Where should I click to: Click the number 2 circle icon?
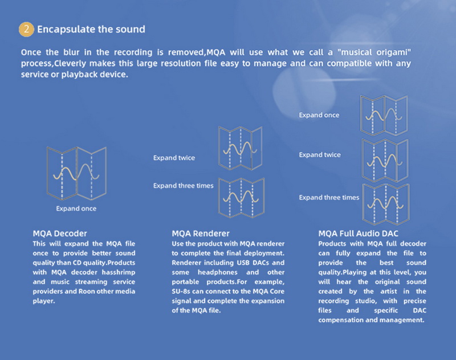26,28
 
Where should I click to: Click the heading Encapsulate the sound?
91,28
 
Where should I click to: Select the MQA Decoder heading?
60,233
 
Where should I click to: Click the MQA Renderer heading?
201,233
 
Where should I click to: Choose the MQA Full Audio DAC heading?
359,233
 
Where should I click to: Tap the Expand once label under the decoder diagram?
76,208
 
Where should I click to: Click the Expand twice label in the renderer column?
174,158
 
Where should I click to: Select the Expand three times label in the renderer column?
183,186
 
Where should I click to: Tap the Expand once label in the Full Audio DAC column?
319,115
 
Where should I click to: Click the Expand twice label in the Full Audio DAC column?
320,155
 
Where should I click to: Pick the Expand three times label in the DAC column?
329,198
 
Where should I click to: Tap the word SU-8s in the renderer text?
182,291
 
